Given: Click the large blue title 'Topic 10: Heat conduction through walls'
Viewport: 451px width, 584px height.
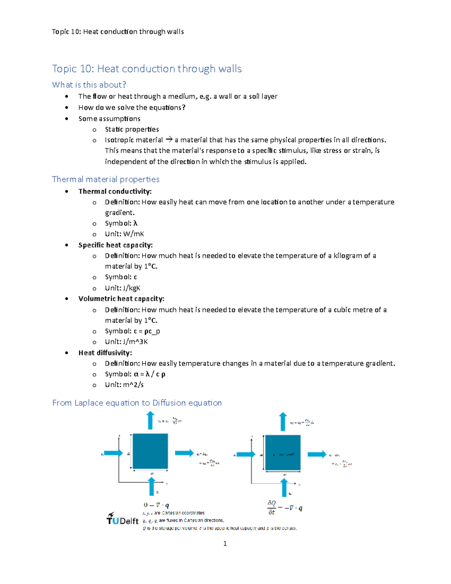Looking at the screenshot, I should point(147,69).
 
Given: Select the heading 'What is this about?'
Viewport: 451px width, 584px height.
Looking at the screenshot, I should point(89,85).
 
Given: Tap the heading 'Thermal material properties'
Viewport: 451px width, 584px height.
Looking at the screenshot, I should point(106,179).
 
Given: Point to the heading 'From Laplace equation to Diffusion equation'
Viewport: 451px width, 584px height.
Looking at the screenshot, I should point(137,403).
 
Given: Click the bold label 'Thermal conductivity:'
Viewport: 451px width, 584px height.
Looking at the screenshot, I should point(115,191).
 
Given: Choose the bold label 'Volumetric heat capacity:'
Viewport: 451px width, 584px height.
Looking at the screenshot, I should point(121,299).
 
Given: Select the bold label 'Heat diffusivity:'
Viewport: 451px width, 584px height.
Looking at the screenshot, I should point(105,353).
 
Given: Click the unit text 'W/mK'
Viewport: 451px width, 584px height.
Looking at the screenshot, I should point(133,234).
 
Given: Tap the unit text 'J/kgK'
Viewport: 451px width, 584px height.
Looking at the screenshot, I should point(132,288).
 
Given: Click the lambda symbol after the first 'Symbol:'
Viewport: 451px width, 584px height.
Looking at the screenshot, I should point(136,223).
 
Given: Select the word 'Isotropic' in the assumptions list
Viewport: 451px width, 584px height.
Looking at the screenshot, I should point(118,140).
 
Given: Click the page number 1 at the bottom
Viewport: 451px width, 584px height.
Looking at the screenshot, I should point(225,543).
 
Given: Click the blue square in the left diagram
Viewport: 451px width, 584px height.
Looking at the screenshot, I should point(150,451).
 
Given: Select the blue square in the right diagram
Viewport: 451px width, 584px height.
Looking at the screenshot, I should point(283,453).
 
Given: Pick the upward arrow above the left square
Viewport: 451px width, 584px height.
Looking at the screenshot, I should point(150,420).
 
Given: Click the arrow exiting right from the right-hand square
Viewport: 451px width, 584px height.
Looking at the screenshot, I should point(317,454).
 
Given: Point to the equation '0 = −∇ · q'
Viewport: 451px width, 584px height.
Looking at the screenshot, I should point(156,505).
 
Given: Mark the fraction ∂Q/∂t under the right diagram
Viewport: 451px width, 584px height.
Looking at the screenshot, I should point(271,507).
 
